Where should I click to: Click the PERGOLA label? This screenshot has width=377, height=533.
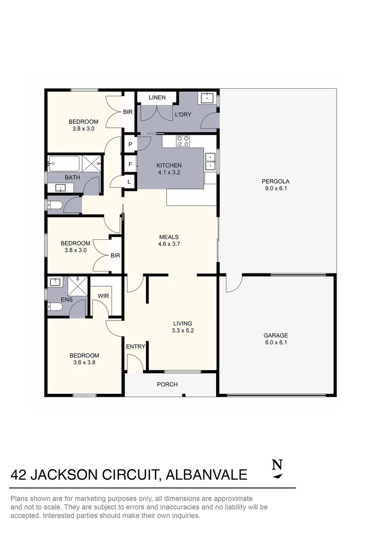click(x=275, y=181)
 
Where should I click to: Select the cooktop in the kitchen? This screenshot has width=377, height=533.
click(x=183, y=141)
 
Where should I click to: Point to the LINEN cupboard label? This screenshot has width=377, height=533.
click(x=157, y=97)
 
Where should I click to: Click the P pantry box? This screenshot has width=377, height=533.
click(x=130, y=144)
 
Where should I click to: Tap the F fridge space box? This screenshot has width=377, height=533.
click(x=130, y=163)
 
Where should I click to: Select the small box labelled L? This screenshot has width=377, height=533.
click(x=129, y=182)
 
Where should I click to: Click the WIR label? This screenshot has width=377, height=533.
click(x=103, y=296)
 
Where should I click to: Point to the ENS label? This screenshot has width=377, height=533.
click(x=66, y=299)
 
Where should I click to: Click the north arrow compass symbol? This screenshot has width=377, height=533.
click(x=277, y=469)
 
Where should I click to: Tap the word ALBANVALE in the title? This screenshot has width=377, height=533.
click(x=206, y=475)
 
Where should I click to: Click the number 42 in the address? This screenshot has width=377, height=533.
click(x=19, y=475)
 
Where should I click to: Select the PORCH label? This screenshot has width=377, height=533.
click(x=167, y=384)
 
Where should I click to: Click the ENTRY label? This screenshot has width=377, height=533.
click(x=135, y=346)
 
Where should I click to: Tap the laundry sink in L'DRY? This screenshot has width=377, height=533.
click(x=206, y=98)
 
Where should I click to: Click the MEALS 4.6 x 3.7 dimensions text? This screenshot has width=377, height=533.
click(x=168, y=244)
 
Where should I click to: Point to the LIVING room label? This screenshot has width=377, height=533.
click(x=182, y=324)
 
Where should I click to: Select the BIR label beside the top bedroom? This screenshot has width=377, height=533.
click(x=128, y=112)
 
